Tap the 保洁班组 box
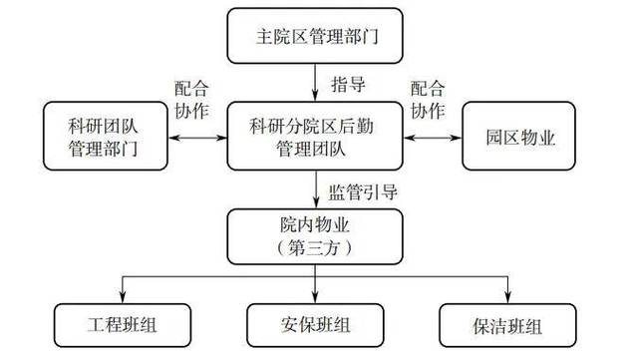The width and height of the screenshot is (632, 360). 507,324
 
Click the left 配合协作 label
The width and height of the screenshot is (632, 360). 190,98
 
